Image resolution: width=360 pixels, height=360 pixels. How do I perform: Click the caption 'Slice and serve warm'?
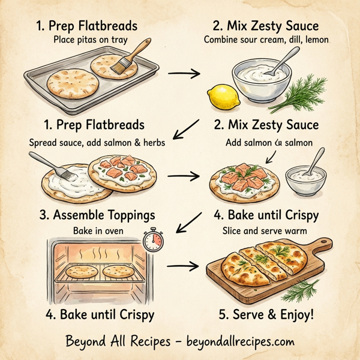266,230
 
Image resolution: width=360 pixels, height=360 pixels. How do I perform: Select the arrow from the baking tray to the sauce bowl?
184,74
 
